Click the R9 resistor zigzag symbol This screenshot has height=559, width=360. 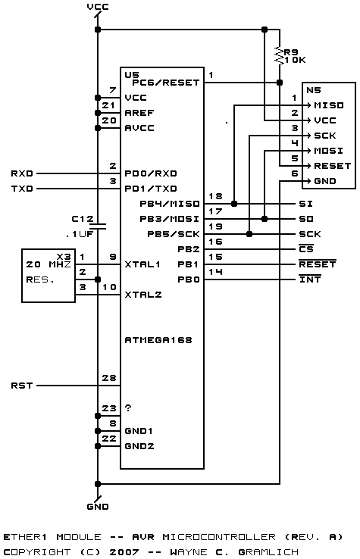coord(280,56)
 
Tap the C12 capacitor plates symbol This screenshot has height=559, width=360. coord(98,226)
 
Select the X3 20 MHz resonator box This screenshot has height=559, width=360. coord(49,276)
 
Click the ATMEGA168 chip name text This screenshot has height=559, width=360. coord(158,340)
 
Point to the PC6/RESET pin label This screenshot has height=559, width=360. coord(165,83)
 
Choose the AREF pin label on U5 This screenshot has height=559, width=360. coord(139,113)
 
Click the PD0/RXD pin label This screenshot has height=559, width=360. coord(151,173)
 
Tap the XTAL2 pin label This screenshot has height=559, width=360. coord(142,295)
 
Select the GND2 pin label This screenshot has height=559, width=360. coord(139,446)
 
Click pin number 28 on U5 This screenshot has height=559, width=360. coord(109,378)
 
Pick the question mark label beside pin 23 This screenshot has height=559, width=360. coord(128,408)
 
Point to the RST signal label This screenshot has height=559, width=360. coord(22,386)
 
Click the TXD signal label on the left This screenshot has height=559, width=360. coord(22,189)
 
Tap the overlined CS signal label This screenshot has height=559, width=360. coord(306,248)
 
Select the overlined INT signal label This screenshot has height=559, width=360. coord(310,279)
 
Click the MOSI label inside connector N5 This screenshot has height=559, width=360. coord(329,151)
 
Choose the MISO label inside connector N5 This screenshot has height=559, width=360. coord(329,105)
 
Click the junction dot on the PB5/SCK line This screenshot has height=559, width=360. coord(249,234)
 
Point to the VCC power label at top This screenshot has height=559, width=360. coord(98,7)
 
